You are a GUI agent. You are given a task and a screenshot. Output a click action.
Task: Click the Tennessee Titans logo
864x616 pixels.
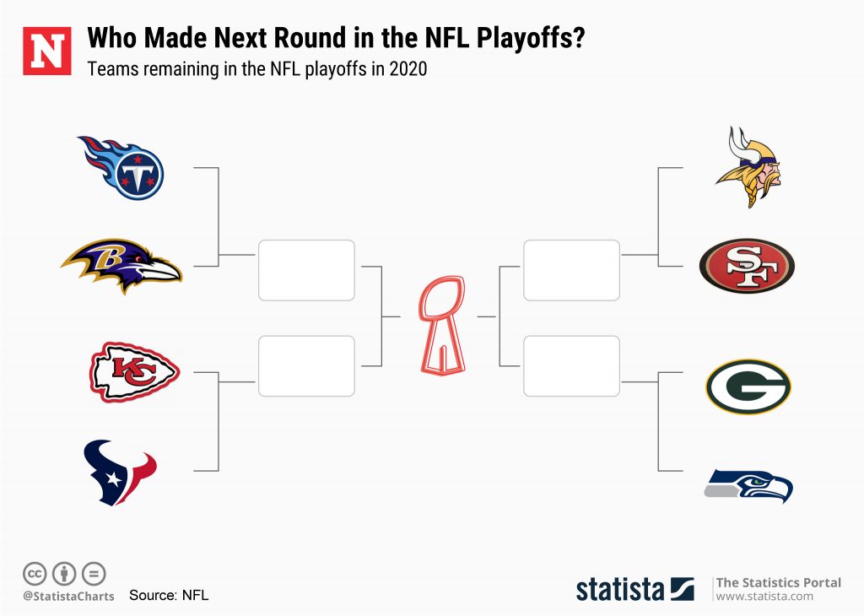[122, 167]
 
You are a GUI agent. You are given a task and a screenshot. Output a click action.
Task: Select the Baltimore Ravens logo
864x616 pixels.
[121, 265]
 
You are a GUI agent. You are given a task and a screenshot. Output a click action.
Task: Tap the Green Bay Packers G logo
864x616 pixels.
[748, 387]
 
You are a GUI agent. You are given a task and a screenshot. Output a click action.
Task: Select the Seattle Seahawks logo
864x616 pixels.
[748, 486]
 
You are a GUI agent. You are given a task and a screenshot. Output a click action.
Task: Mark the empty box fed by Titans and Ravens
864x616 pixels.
[306, 270]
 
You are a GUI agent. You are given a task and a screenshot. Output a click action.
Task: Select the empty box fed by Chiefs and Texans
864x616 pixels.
[306, 365]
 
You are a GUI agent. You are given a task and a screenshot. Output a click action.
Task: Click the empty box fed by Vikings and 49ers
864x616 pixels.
[571, 270]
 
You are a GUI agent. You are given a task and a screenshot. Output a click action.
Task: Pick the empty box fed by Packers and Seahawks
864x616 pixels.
[571, 365]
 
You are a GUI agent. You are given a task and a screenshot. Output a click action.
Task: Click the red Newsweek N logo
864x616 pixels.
[47, 51]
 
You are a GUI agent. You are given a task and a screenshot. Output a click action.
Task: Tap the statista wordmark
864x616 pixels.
[620, 588]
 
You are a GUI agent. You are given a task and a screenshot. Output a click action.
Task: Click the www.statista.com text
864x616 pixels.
[764, 597]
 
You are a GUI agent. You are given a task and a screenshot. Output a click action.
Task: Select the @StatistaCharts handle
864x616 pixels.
[68, 596]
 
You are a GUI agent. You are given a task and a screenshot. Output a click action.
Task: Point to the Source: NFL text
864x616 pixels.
[169, 595]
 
